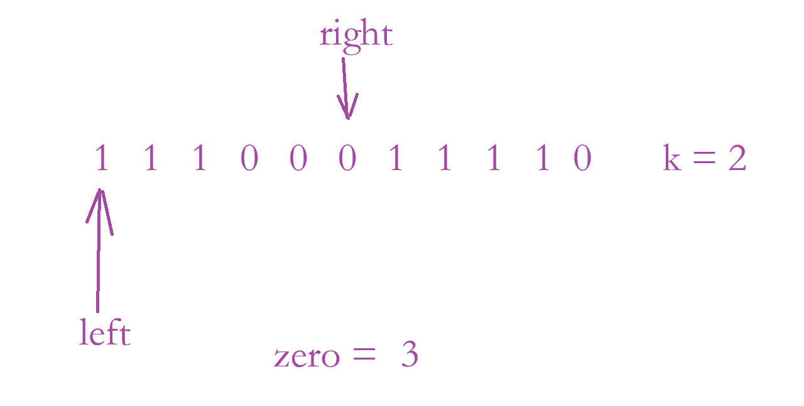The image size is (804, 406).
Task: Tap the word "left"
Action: click(x=105, y=333)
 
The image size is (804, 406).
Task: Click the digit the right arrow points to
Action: click(x=347, y=159)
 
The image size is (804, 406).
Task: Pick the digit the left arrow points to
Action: click(x=101, y=158)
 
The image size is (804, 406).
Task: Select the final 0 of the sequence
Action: click(x=583, y=159)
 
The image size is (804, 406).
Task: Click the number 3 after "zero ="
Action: click(x=410, y=356)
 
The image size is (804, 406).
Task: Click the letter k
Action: click(x=672, y=159)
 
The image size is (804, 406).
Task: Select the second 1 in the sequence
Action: click(x=150, y=158)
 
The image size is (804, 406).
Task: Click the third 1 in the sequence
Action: click(x=200, y=158)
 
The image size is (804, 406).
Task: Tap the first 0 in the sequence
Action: click(x=249, y=159)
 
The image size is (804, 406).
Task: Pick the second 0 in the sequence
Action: click(x=298, y=159)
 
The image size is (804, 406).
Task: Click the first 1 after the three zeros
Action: click(x=396, y=158)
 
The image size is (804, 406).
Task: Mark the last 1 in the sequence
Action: click(x=543, y=158)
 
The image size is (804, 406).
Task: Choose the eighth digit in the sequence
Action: click(x=445, y=158)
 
